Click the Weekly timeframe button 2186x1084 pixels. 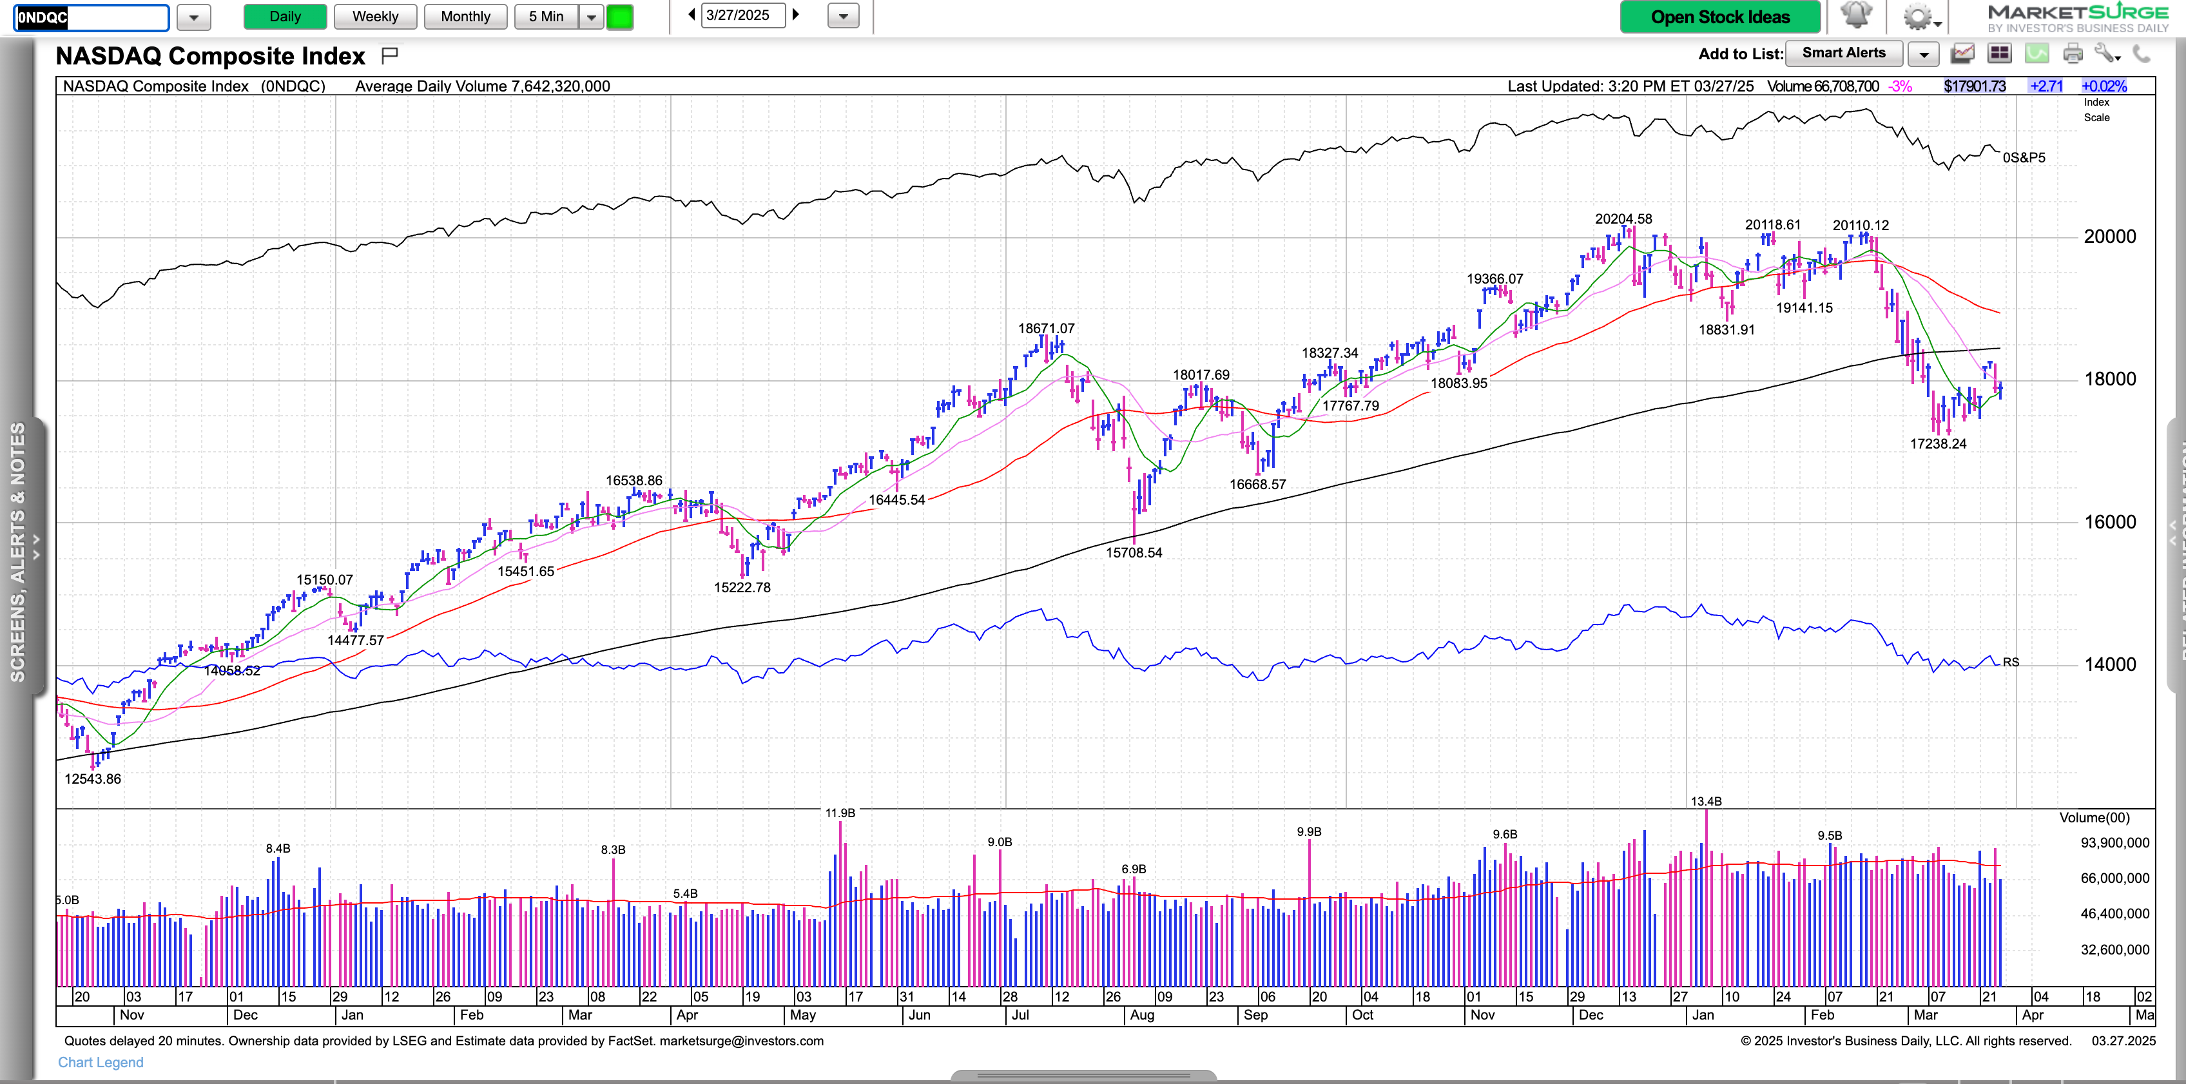click(x=374, y=17)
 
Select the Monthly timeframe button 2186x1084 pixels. click(x=465, y=17)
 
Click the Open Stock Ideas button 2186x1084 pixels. click(x=1719, y=17)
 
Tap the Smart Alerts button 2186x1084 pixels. click(x=1843, y=53)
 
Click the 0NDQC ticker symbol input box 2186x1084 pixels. click(x=92, y=17)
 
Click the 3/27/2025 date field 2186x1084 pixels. click(x=742, y=15)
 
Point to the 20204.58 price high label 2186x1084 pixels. click(x=1623, y=219)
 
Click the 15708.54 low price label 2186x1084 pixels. click(x=1133, y=552)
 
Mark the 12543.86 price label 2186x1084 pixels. click(x=93, y=779)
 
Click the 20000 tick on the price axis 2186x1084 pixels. click(x=2109, y=237)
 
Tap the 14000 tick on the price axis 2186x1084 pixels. click(x=2109, y=664)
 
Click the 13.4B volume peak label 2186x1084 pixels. click(x=1706, y=801)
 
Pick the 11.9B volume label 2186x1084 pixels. click(x=840, y=813)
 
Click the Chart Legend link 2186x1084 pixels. click(x=100, y=1062)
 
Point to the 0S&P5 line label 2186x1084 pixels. click(x=2023, y=158)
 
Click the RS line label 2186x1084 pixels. click(x=2010, y=662)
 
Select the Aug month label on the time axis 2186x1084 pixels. click(x=1141, y=1015)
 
